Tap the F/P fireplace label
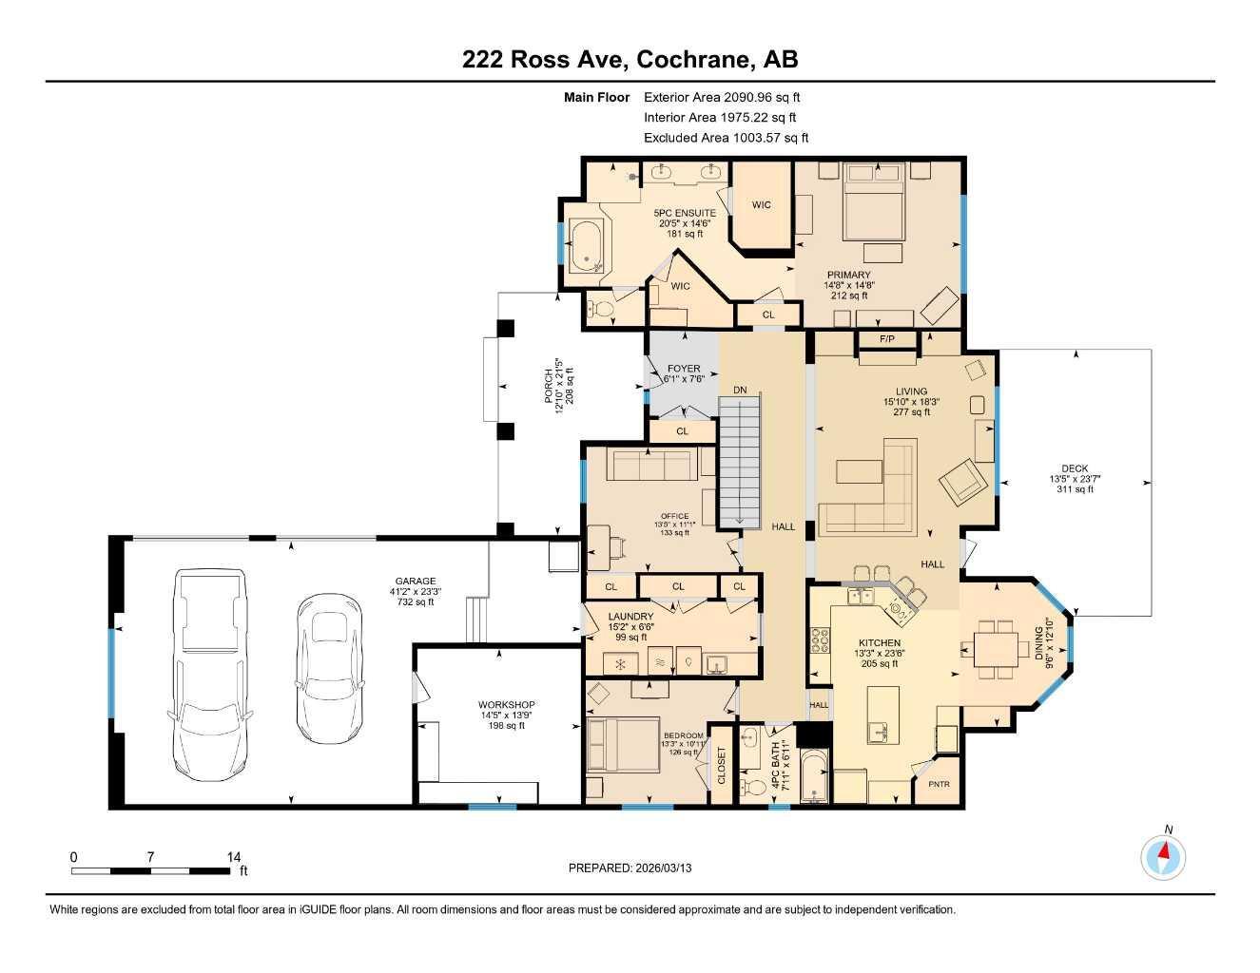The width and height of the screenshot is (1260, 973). pyautogui.click(x=886, y=339)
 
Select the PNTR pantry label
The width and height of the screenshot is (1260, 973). pyautogui.click(x=939, y=784)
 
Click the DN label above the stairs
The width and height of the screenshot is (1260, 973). pyautogui.click(x=740, y=390)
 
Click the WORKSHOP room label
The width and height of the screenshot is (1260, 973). pyautogui.click(x=506, y=705)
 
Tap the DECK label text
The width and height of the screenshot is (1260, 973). pyautogui.click(x=1075, y=468)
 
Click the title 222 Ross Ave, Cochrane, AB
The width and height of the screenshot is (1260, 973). pyautogui.click(x=630, y=59)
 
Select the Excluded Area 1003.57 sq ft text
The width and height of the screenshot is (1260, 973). pyautogui.click(x=726, y=138)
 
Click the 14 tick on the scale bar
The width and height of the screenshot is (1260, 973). pyautogui.click(x=234, y=857)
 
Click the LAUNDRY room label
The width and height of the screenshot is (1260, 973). pyautogui.click(x=630, y=617)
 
